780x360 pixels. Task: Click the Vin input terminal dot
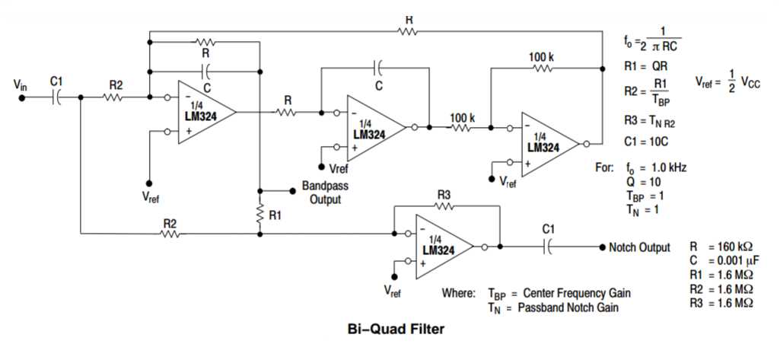click(23, 97)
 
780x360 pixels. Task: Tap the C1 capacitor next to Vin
click(57, 97)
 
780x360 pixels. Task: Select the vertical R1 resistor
click(260, 212)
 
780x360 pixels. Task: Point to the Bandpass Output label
click(325, 193)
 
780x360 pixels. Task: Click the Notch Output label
click(639, 247)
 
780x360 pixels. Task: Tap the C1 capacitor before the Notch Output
click(547, 247)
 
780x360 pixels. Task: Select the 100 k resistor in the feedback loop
click(542, 68)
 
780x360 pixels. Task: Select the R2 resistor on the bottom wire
click(169, 234)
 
